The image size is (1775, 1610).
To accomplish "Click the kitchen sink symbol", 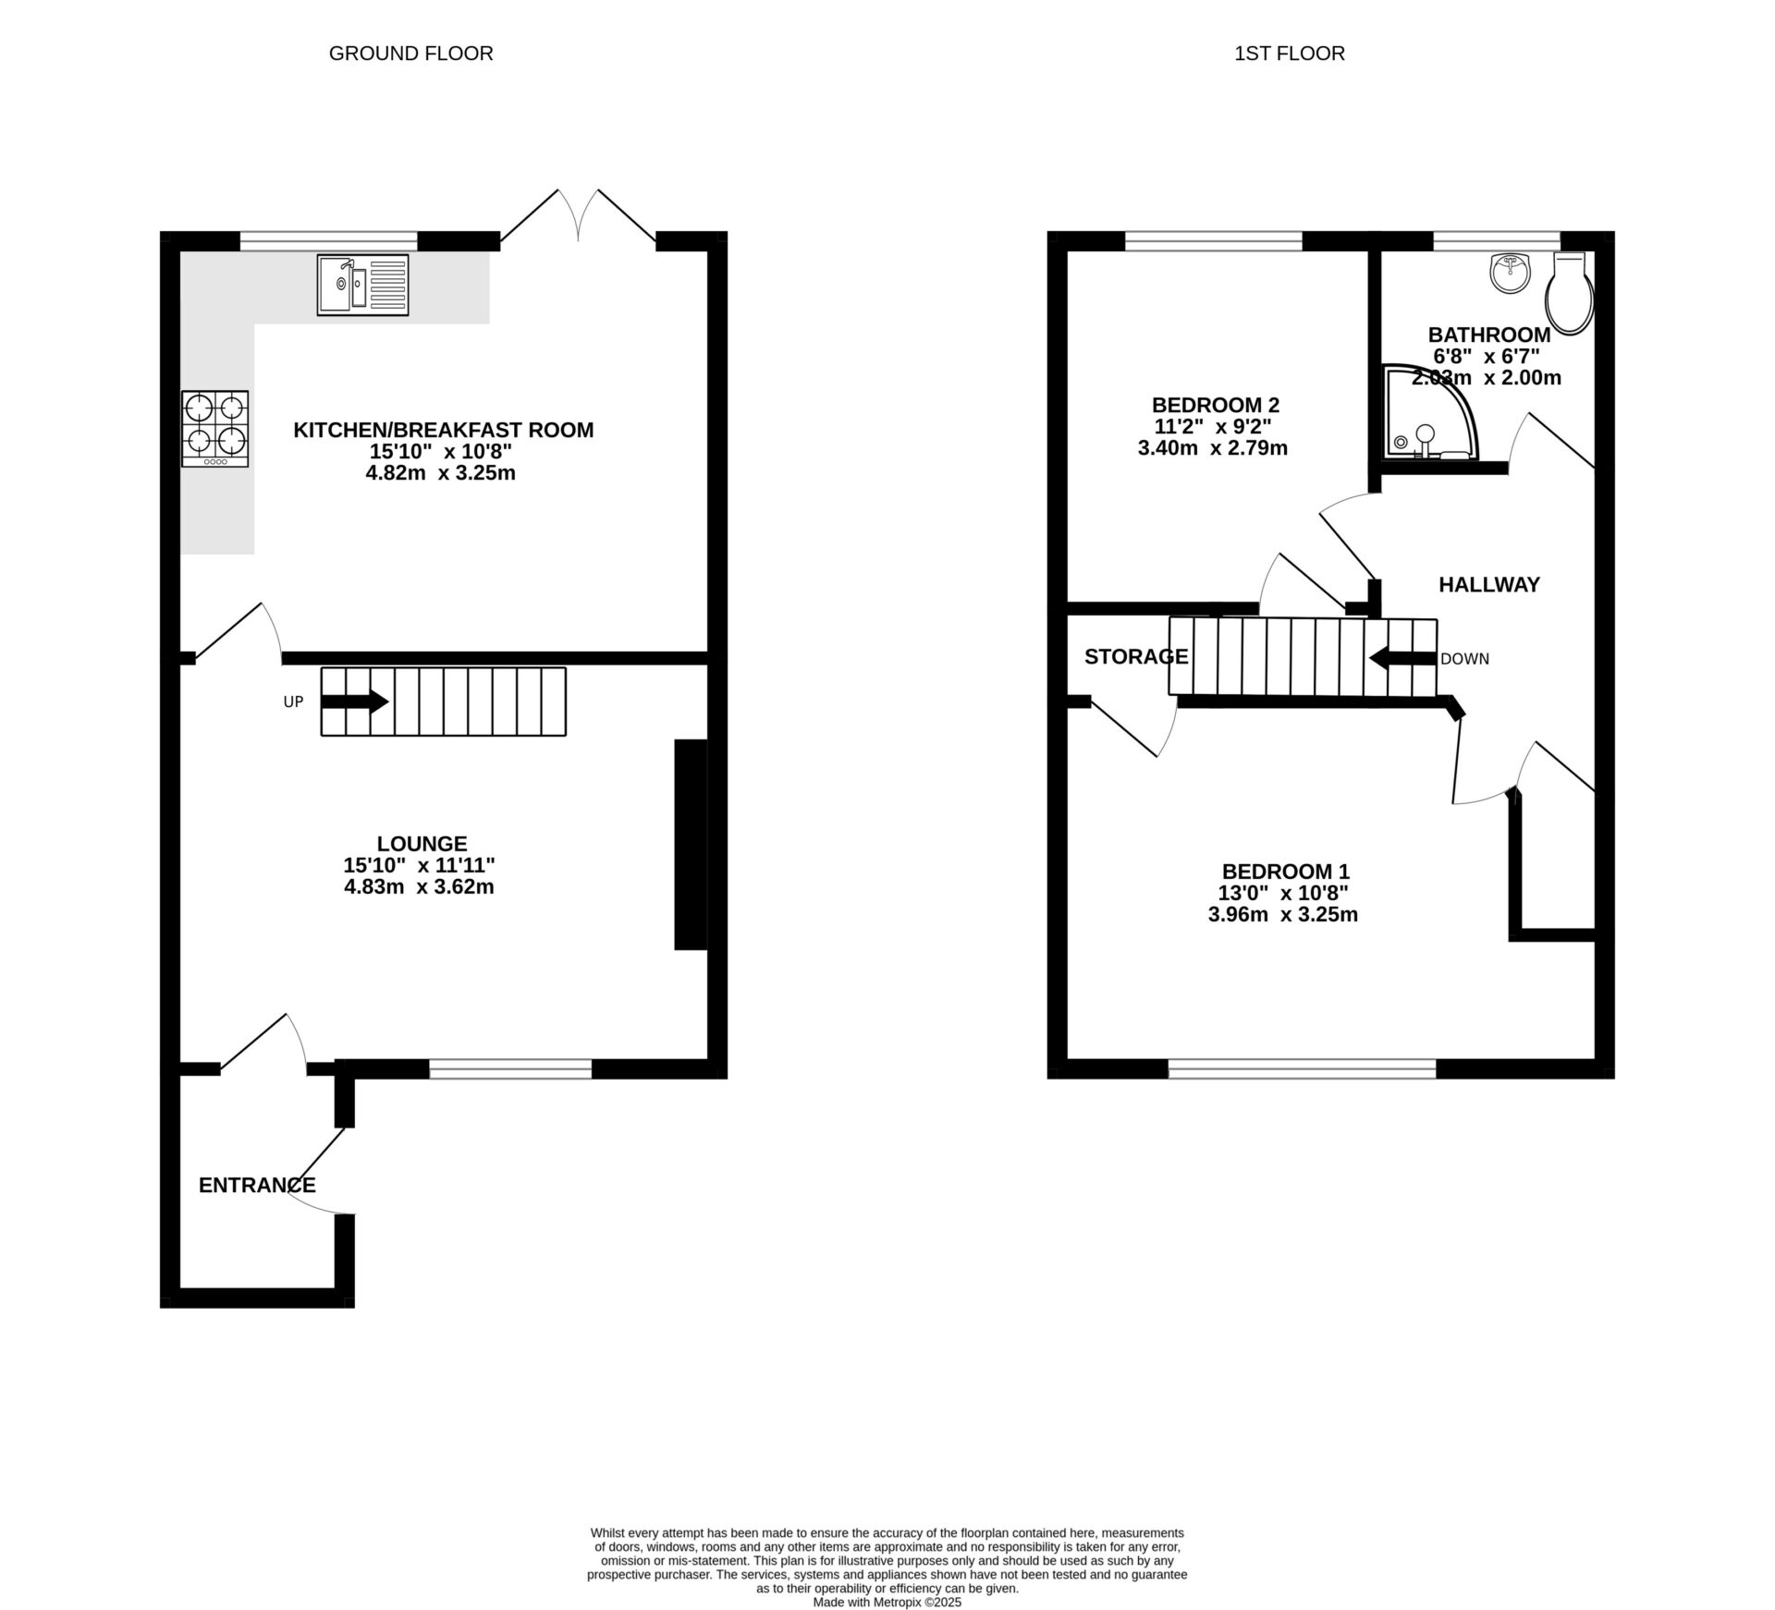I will click(x=362, y=285).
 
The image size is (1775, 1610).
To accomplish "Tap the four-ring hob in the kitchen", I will click(x=214, y=428).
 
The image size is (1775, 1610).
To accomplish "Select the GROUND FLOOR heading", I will click(x=410, y=54).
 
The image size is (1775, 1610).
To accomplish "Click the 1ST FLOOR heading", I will click(x=1289, y=54).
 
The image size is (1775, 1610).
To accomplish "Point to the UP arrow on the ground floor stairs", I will click(x=355, y=701).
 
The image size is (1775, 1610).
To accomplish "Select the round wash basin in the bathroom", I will click(x=1511, y=274).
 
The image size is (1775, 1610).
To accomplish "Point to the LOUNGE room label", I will click(x=422, y=843).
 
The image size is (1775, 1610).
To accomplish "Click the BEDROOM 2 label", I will click(x=1215, y=405).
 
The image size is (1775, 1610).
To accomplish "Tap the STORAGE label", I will click(x=1135, y=656).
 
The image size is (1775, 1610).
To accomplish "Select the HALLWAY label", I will click(x=1488, y=584).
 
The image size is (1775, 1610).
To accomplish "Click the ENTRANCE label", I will click(x=257, y=1185).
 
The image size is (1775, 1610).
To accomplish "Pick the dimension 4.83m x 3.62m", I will click(x=419, y=887).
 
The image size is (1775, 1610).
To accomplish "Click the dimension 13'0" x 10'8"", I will click(x=1282, y=893).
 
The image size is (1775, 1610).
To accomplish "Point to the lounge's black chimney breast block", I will click(x=690, y=844).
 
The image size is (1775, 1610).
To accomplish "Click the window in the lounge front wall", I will click(x=510, y=1069).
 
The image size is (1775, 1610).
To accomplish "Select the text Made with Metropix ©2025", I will click(x=887, y=1603).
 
